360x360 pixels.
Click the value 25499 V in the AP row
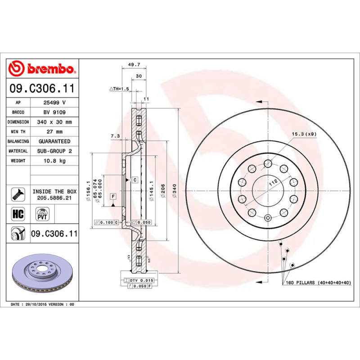pos(54,103)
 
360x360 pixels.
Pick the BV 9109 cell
pos(54,112)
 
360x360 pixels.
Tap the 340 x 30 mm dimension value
pos(54,122)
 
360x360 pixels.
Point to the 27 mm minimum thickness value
pos(54,132)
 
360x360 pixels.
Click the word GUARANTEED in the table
pos(54,141)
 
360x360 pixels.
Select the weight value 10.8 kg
pos(54,161)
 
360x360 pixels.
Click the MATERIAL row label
pos(18,151)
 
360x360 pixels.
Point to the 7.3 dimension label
pos(115,136)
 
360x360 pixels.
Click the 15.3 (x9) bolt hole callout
pos(304,134)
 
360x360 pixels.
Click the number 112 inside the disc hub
pos(272,183)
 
